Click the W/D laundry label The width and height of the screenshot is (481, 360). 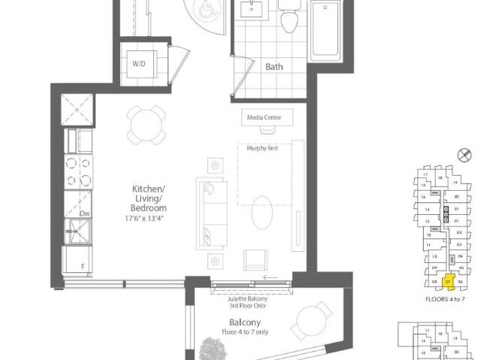[139, 64]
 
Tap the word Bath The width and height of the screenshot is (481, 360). [274, 67]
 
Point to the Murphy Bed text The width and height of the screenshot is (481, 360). [262, 148]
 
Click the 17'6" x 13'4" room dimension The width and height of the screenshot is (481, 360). [144, 219]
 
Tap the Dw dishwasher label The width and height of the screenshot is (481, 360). [85, 214]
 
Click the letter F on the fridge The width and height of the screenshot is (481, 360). [83, 267]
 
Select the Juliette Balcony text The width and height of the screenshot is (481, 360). [247, 300]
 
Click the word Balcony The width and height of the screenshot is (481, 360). [245, 322]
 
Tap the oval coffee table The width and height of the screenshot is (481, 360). [264, 213]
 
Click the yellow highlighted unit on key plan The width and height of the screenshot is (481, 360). [449, 282]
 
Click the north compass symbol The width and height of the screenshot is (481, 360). [464, 156]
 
